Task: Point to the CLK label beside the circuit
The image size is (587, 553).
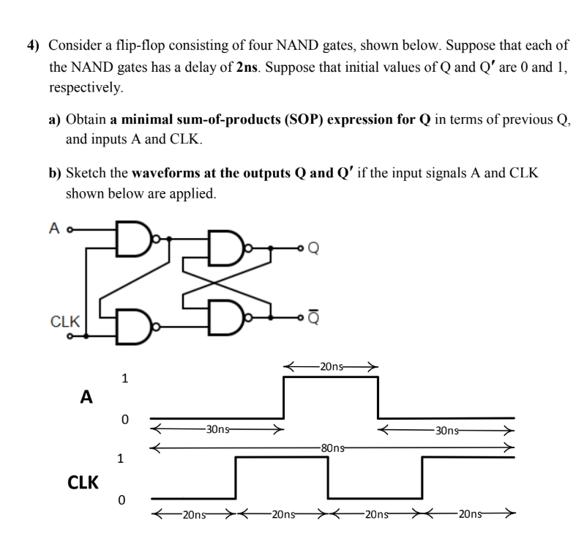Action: click(x=66, y=321)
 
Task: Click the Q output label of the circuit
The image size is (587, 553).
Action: click(x=314, y=248)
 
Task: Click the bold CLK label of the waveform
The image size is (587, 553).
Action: click(x=83, y=482)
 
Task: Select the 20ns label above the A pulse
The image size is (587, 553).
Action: click(x=331, y=365)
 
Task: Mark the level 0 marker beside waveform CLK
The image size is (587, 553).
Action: click(x=124, y=500)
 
